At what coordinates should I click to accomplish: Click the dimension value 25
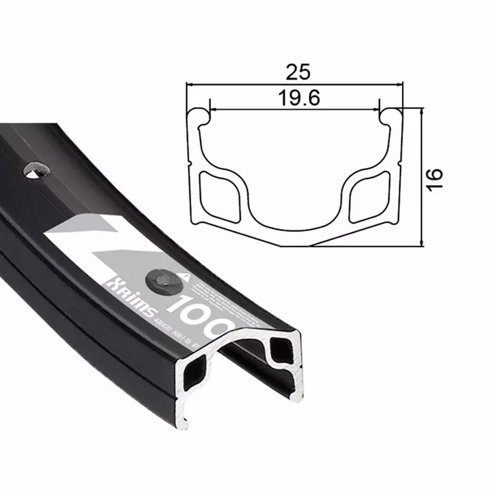click(295, 70)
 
